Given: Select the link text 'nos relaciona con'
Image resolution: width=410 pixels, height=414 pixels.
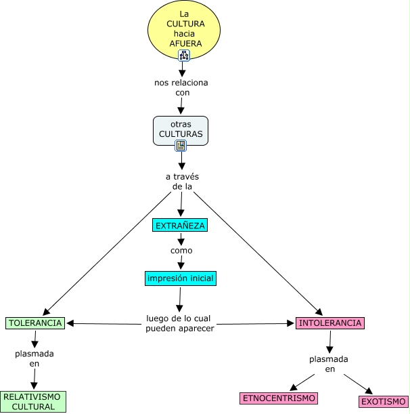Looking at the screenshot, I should pos(181,87).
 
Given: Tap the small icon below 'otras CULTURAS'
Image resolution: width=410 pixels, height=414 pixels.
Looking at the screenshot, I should pos(181,146).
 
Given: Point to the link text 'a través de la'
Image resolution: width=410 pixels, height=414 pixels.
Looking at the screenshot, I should pos(181,182).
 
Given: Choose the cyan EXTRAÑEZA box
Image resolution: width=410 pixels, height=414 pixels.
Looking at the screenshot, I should pos(179,226).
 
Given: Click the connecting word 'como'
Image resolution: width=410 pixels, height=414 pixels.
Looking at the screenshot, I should pos(181,251).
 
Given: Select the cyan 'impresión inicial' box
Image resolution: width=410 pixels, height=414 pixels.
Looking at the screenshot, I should pos(181,278).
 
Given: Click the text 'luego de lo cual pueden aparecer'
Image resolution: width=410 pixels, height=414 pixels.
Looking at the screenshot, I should pos(180,323).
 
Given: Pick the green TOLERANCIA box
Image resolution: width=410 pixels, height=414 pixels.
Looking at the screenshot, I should pos(35,323).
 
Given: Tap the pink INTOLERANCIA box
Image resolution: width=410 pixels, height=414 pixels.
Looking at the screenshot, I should pos(330,323).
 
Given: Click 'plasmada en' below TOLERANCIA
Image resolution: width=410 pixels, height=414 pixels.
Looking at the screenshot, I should pos(35,358).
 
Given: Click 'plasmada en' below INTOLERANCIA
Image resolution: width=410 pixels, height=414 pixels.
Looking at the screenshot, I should pos(329,364).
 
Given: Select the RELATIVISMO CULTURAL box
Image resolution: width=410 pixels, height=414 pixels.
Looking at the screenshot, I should pos(32,401).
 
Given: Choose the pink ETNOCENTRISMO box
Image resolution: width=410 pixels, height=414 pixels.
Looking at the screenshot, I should pos(279,398).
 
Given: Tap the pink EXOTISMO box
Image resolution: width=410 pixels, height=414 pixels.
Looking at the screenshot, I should pos(383,401).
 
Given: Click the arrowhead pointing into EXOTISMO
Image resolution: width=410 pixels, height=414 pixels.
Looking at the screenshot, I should pos(369,391).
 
